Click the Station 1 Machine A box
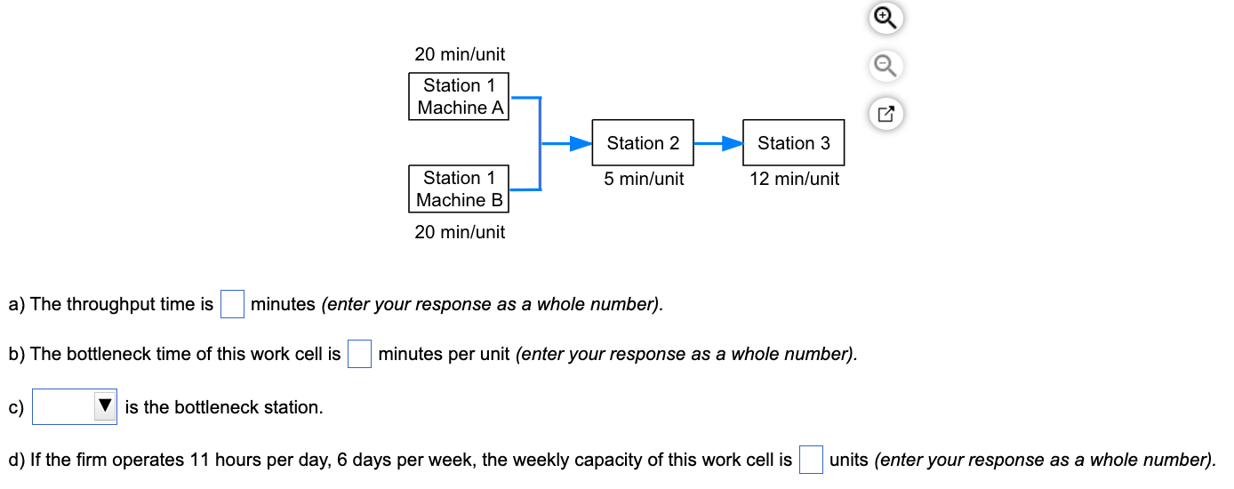tap(459, 96)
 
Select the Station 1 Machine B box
tap(459, 188)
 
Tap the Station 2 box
tap(643, 143)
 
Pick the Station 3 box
tap(793, 143)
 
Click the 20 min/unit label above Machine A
tap(460, 54)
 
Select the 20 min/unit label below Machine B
tap(460, 232)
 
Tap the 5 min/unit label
tap(644, 179)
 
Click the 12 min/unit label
tap(794, 179)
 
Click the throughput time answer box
tap(232, 304)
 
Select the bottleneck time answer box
tap(359, 354)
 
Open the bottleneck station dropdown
tap(75, 407)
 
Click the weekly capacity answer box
tap(810, 460)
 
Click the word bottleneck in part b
tap(114, 354)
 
